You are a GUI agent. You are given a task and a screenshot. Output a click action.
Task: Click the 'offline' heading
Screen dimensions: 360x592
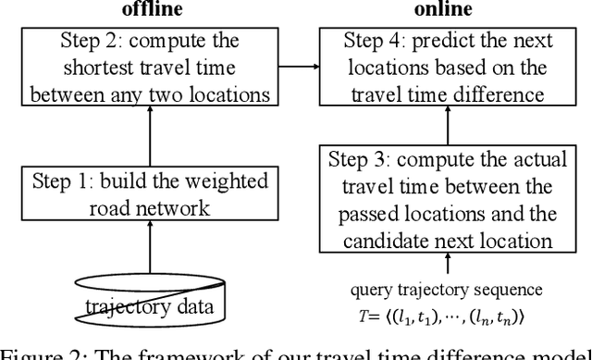click(x=150, y=9)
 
